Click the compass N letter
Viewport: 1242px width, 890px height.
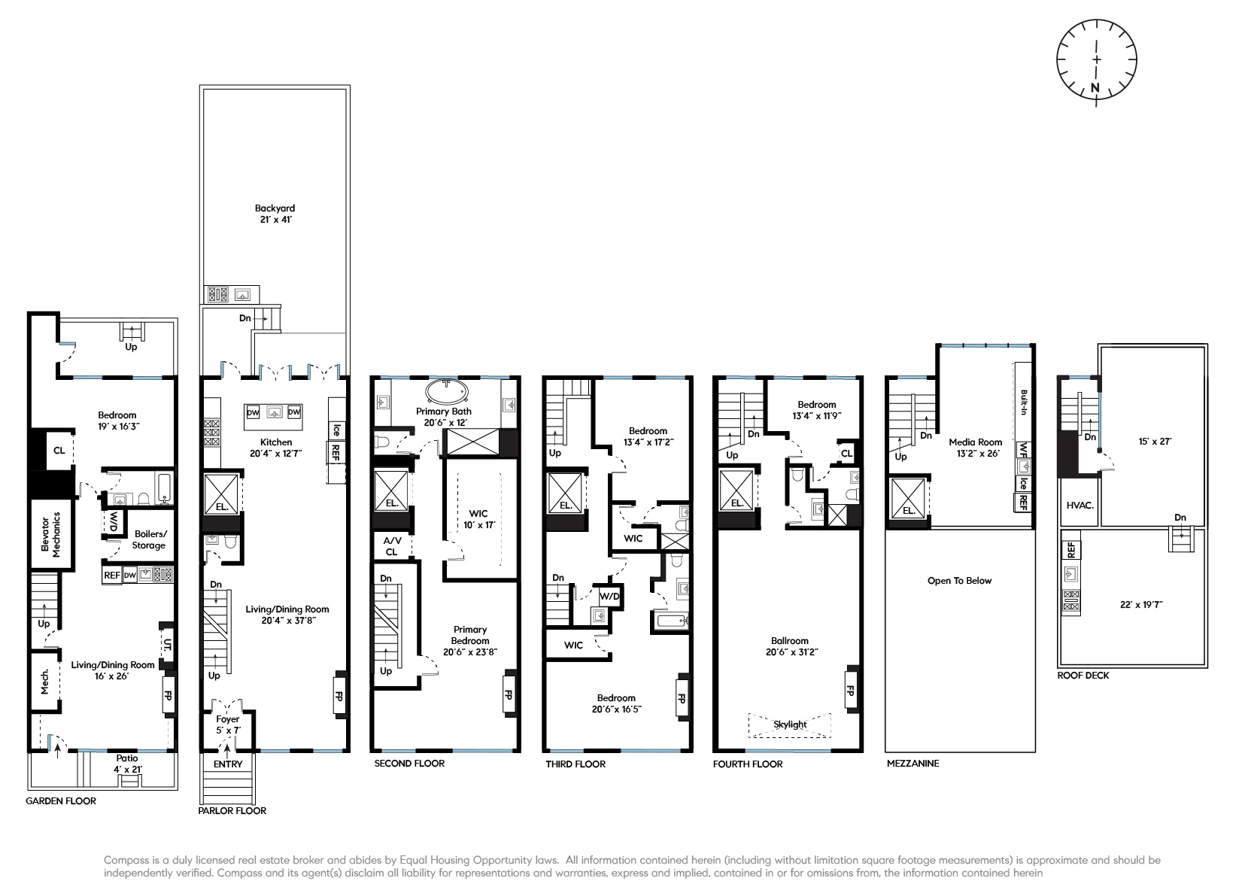pos(1095,89)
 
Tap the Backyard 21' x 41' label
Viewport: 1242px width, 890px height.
pos(275,214)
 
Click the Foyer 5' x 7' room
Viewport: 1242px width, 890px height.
pos(228,724)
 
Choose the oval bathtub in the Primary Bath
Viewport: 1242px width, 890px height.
pos(447,392)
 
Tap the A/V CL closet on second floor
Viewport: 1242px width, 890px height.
pos(390,546)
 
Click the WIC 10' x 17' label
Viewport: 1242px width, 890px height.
pos(478,519)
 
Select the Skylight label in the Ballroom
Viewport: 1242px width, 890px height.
pos(790,724)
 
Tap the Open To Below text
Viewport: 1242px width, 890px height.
pos(959,581)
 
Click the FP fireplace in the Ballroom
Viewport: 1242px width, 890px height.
pos(851,689)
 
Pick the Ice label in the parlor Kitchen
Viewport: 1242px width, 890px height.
pos(336,430)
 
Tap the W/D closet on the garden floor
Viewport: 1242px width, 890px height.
pos(113,521)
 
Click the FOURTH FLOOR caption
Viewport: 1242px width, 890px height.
pos(748,764)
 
